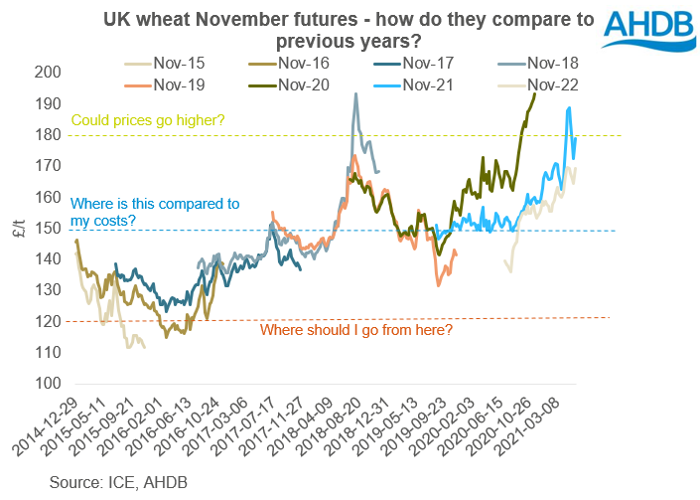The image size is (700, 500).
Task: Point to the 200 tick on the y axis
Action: (x=46, y=73)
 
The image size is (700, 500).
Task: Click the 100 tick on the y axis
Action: (x=46, y=383)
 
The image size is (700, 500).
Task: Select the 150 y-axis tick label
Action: (x=46, y=228)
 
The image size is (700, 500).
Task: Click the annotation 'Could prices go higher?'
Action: (x=148, y=120)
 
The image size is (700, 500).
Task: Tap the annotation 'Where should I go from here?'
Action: (x=354, y=330)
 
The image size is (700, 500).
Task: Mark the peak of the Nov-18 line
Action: (x=355, y=94)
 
